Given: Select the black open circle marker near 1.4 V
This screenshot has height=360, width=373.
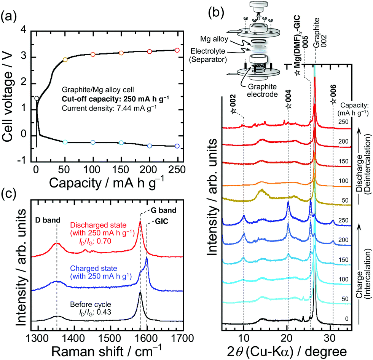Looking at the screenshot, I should click(37, 98).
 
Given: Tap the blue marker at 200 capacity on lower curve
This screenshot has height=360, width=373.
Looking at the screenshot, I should click(150, 146).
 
